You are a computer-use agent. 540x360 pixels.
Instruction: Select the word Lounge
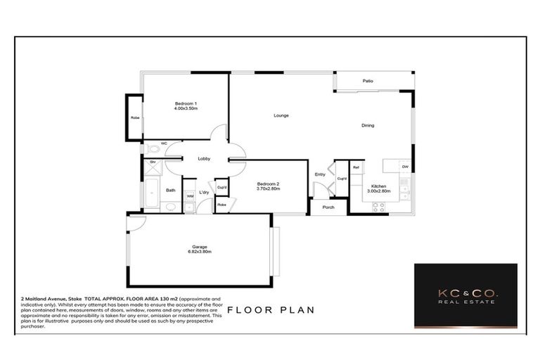click(x=281, y=115)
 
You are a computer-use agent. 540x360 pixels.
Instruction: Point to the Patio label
click(x=367, y=82)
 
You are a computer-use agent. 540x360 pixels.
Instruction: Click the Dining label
click(x=368, y=126)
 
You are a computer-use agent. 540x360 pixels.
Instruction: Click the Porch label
click(x=328, y=207)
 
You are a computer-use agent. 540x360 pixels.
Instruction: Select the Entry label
click(x=320, y=174)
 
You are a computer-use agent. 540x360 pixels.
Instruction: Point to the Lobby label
click(x=204, y=159)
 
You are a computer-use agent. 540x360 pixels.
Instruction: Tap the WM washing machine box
click(x=190, y=197)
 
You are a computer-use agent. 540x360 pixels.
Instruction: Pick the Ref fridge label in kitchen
click(x=356, y=167)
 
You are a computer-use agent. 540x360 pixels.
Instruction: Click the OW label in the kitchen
click(x=405, y=167)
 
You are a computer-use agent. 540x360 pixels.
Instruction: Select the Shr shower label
click(x=152, y=162)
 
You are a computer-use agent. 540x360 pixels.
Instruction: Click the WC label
click(x=164, y=143)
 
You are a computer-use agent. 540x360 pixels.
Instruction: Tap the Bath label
click(x=170, y=190)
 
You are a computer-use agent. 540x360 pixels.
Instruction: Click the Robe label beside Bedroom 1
click(x=134, y=117)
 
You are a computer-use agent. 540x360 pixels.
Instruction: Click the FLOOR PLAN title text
click(x=271, y=309)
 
